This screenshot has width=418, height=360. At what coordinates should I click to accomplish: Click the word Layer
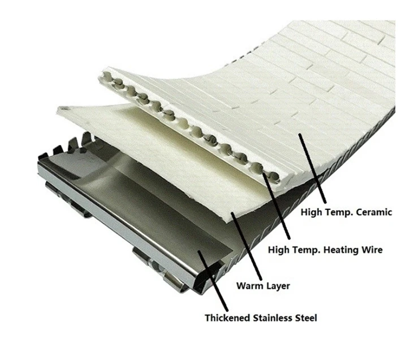coord(278,286)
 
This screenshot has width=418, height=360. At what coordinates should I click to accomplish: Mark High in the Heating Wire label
coord(277,249)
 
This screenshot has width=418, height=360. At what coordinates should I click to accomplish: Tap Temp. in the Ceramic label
coord(338,213)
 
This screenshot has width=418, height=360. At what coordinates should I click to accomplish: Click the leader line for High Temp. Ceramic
coord(313,169)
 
